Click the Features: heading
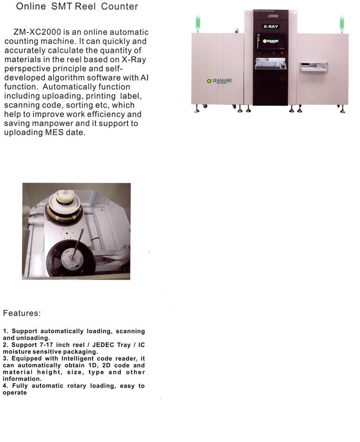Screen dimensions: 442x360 [22, 313]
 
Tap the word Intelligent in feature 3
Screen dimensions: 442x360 [69, 359]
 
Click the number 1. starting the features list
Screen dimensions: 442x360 [6, 331]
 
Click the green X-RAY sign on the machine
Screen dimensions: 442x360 [271, 26]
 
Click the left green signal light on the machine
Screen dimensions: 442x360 [198, 21]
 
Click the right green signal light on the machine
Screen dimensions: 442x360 [342, 21]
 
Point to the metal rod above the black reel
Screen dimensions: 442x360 [79, 242]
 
